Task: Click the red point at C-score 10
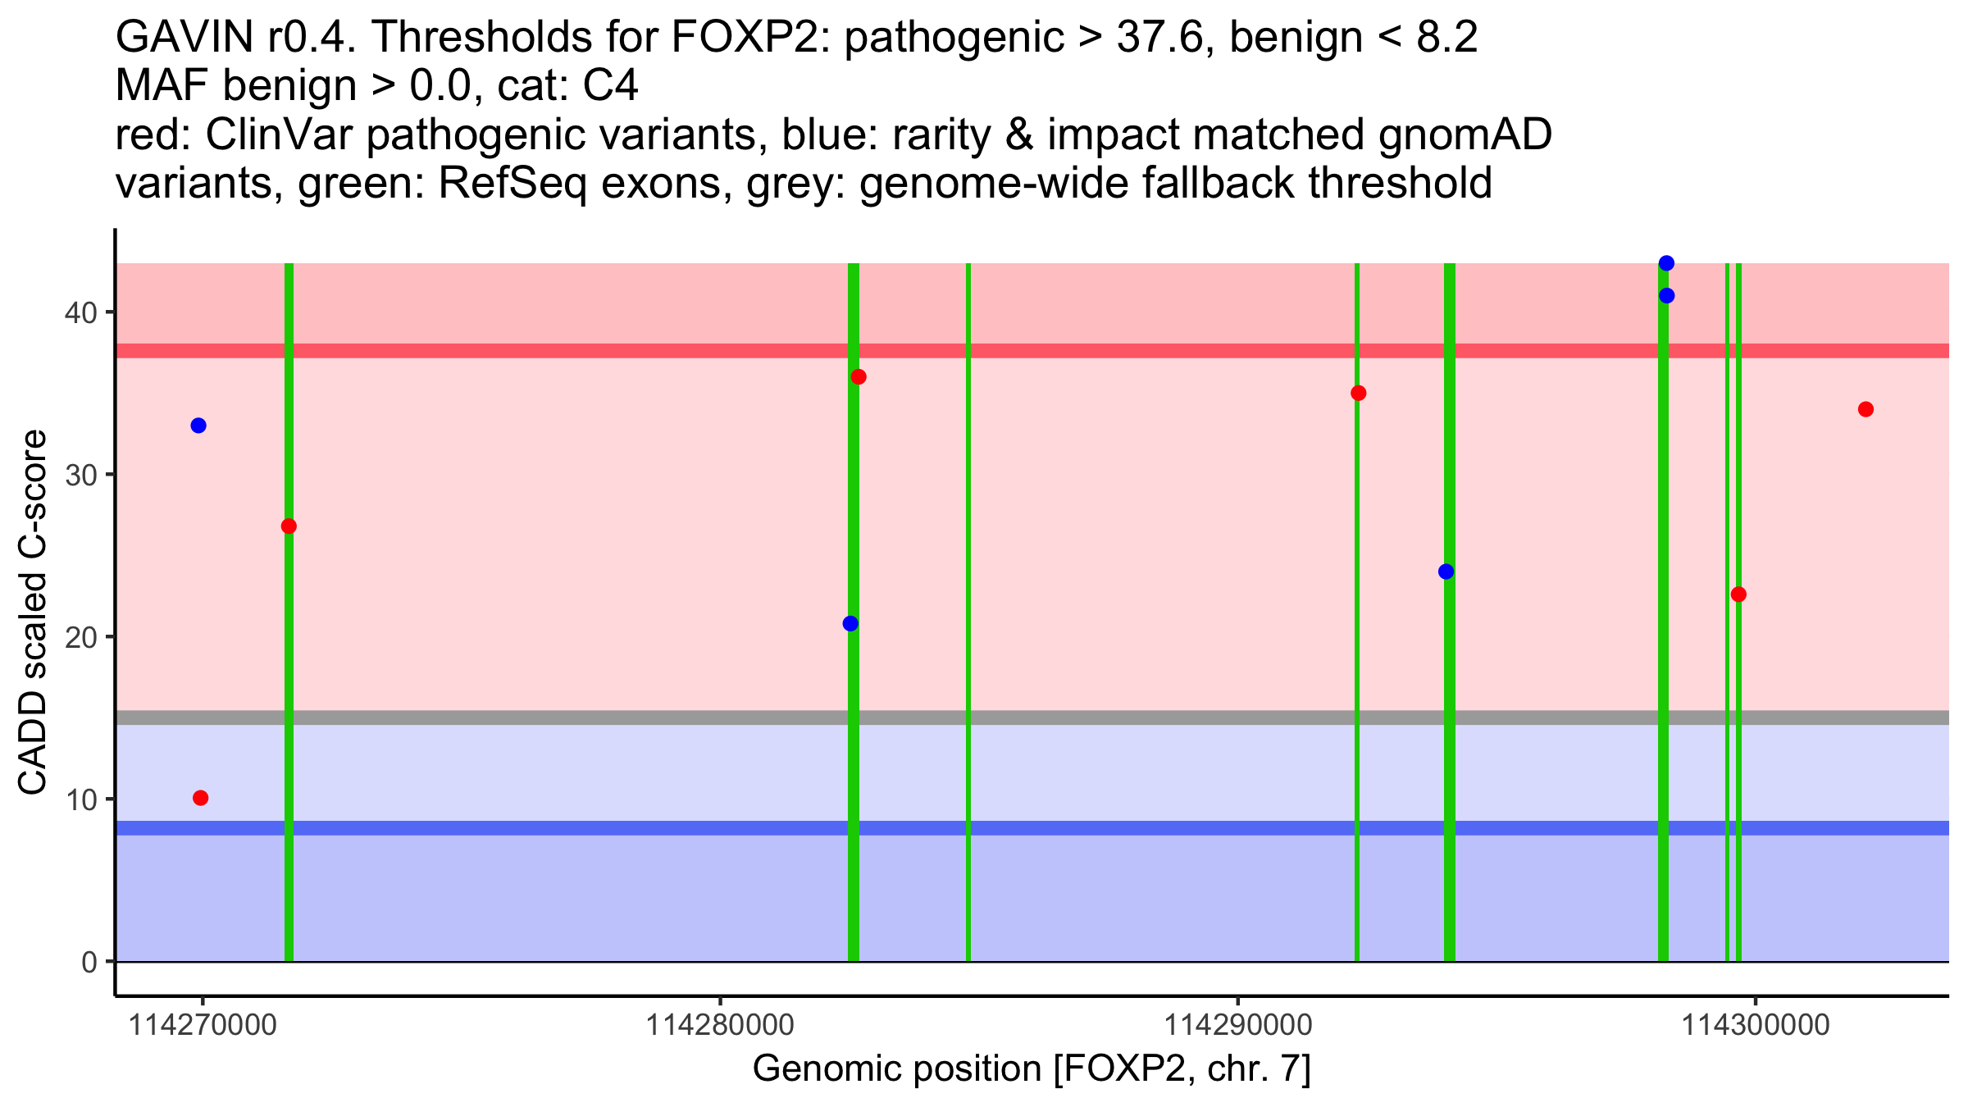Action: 201,798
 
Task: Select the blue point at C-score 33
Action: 198,426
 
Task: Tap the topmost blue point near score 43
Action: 1666,263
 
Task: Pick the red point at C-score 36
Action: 859,377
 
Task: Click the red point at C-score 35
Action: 1359,393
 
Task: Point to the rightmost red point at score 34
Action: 1866,409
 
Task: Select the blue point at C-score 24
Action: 1446,572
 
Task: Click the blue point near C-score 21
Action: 850,623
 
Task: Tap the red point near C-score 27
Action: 289,526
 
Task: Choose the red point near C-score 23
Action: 1738,594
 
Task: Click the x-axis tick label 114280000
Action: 720,1026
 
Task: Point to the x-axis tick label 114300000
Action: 1756,1026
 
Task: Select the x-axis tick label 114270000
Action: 203,1026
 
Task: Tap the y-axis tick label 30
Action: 80,475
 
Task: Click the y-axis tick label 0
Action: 89,962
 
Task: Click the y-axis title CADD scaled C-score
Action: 33,614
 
